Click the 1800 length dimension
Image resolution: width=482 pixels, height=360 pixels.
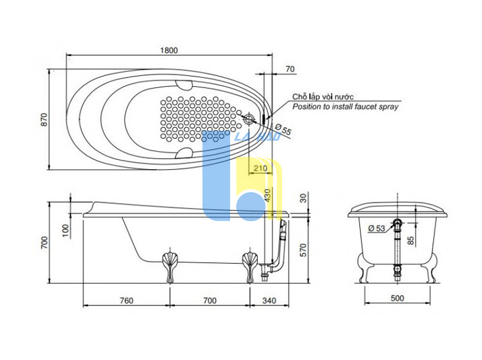[169, 50]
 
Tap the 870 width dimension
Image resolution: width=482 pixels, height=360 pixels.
[44, 120]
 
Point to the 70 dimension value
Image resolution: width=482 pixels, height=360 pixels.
[290, 69]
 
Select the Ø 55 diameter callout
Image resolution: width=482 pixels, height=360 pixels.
[283, 129]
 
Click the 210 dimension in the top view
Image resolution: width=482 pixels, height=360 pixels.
[260, 168]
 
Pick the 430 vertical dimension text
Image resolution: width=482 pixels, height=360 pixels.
[268, 195]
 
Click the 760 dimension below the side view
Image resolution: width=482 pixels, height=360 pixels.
[127, 300]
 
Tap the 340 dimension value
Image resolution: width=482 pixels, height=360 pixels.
[269, 300]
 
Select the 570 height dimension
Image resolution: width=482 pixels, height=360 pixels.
[303, 250]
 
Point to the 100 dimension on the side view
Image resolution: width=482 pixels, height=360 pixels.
[66, 231]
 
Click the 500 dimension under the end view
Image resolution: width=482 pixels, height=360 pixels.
[397, 298]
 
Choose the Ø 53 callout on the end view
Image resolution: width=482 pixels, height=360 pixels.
[377, 228]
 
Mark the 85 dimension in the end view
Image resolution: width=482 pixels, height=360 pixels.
[411, 240]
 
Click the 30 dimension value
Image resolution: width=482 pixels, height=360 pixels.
[303, 198]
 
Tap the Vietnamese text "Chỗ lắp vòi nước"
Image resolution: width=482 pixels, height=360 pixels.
[323, 96]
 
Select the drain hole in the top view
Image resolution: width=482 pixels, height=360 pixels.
[249, 119]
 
